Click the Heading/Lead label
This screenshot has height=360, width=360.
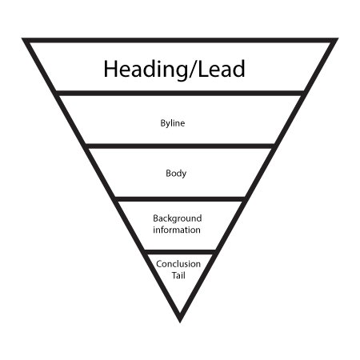click(174, 69)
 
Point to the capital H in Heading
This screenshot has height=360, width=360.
click(110, 68)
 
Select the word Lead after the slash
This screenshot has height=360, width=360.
click(222, 69)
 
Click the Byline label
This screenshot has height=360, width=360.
click(173, 123)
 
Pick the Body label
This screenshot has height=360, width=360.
click(176, 174)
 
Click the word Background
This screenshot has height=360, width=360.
click(178, 218)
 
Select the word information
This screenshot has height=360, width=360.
click(177, 230)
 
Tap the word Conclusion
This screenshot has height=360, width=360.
click(178, 264)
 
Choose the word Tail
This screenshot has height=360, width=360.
click(178, 275)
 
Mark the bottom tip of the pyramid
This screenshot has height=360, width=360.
click(180, 322)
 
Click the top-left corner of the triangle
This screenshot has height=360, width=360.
click(22, 38)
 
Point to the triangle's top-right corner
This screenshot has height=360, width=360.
click(338, 38)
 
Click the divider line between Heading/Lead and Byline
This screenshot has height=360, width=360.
click(180, 93)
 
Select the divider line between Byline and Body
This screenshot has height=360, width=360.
click(180, 146)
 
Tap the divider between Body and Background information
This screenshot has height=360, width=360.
click(180, 199)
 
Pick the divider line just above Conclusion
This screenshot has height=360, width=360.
click(180, 252)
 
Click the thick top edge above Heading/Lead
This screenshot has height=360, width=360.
click(180, 40)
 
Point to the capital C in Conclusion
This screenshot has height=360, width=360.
click(159, 264)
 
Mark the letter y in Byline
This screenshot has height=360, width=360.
click(168, 124)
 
